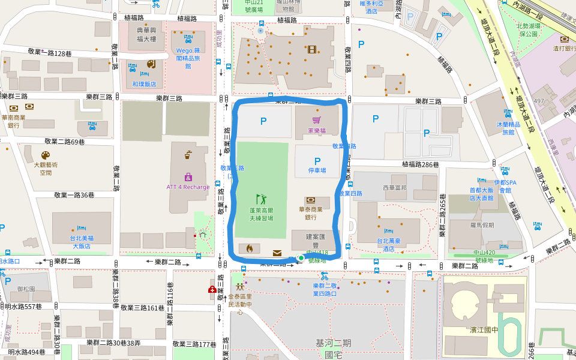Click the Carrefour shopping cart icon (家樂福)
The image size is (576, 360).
click(x=316, y=120)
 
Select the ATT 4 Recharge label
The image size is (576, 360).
click(x=188, y=187)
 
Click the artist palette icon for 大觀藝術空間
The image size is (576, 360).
click(x=46, y=155)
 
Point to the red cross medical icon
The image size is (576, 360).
click(x=212, y=290)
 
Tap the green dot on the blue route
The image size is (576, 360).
click(x=301, y=258)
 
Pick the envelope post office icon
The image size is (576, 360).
click(x=277, y=253)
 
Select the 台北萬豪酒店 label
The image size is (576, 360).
click(x=388, y=244)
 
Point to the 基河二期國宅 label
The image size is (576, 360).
click(x=333, y=348)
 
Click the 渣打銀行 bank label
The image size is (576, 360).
click(x=564, y=48)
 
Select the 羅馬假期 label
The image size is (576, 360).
click(x=482, y=224)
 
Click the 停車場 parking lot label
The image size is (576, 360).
click(x=317, y=170)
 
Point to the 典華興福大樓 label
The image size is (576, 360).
click(x=146, y=35)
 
